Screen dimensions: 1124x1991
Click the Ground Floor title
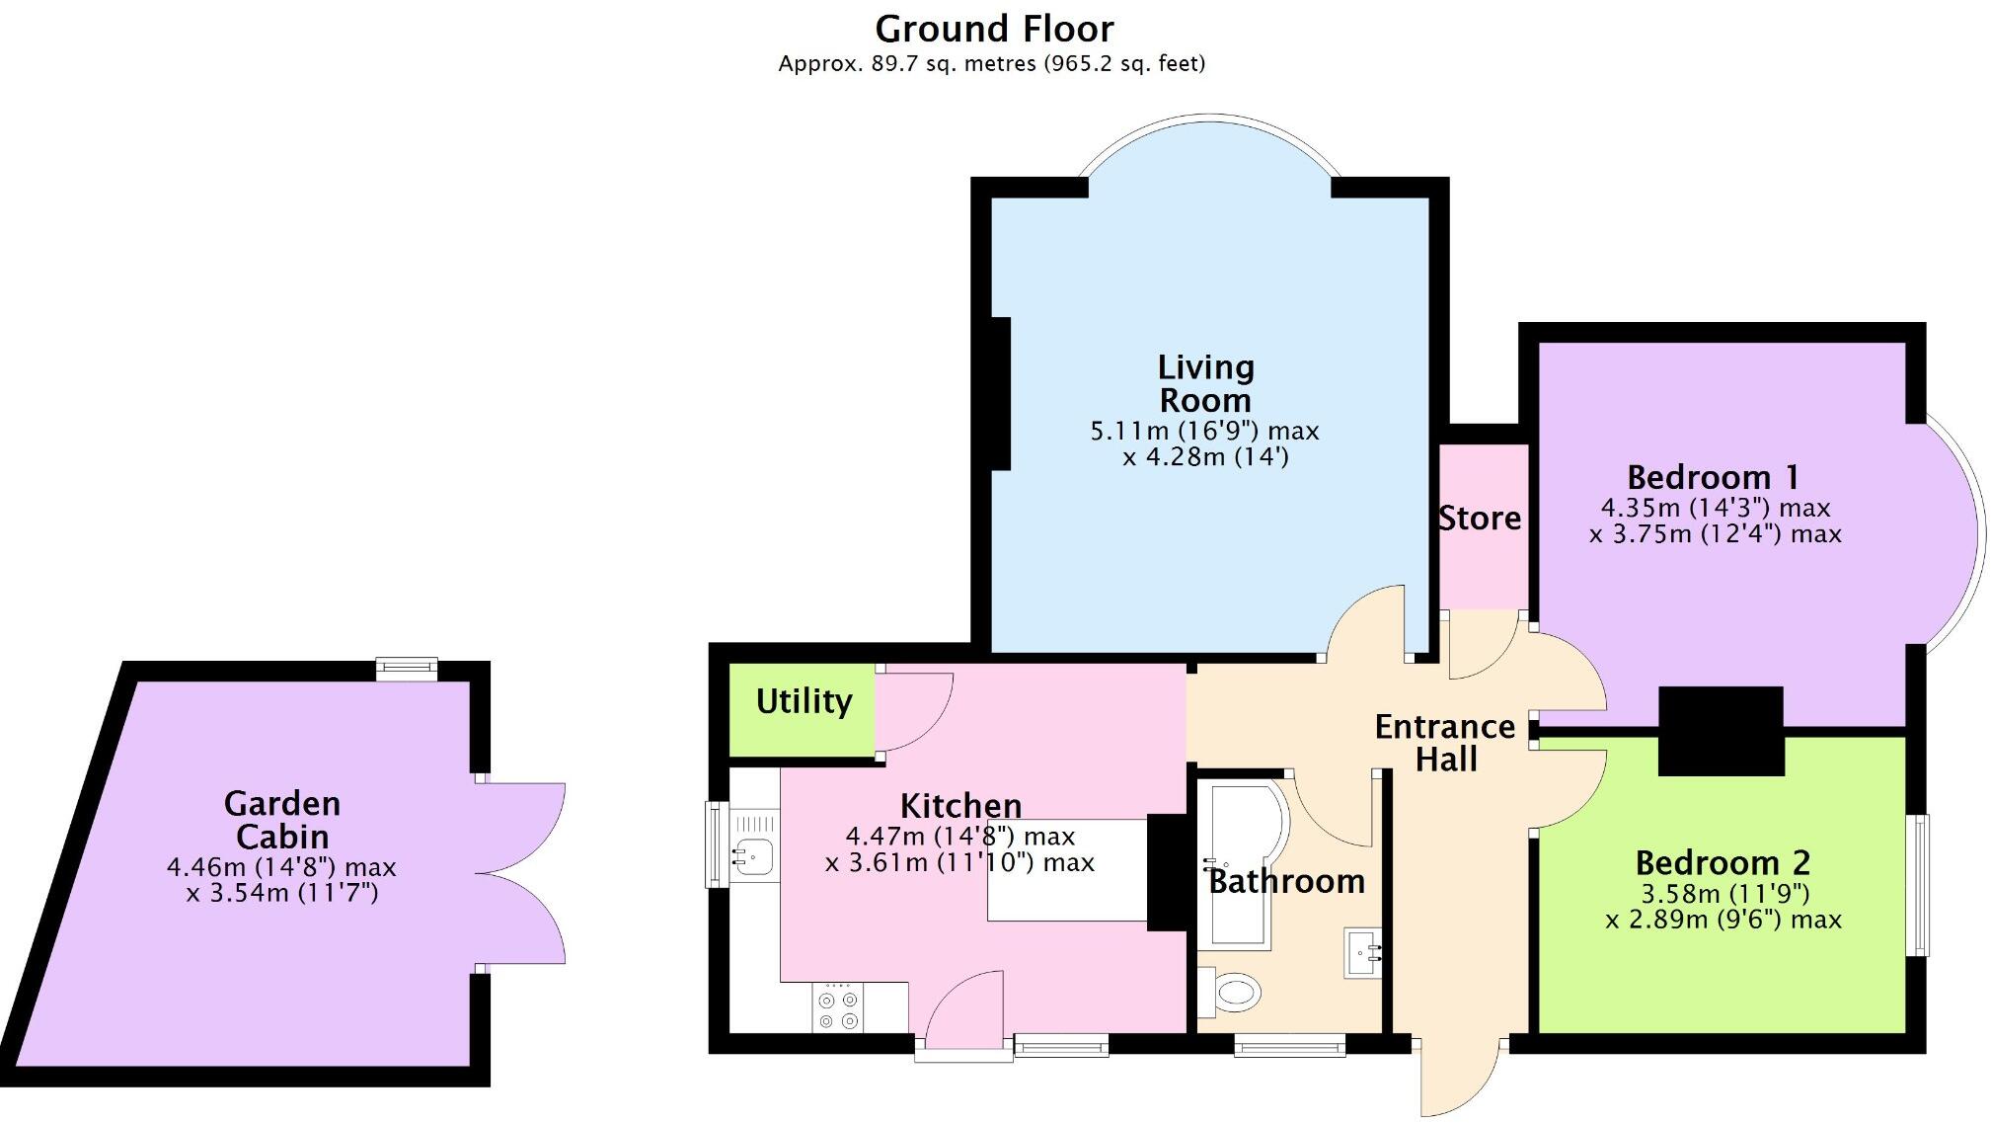pyautogui.click(x=994, y=30)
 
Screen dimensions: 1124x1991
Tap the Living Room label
pyautogui.click(x=1205, y=383)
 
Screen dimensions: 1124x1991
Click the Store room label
pyautogui.click(x=1479, y=518)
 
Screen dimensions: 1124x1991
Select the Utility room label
pyautogui.click(x=804, y=701)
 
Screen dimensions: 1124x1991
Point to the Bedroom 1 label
pyautogui.click(x=1713, y=478)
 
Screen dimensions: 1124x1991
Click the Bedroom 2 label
pyautogui.click(x=1723, y=863)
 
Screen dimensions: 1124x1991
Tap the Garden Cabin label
pyautogui.click(x=282, y=820)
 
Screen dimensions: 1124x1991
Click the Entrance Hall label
pyautogui.click(x=1445, y=743)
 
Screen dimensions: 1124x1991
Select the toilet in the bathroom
pyautogui.click(x=1234, y=992)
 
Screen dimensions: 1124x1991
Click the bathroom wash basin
pyautogui.click(x=1363, y=952)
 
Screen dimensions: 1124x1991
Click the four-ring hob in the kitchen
pyautogui.click(x=838, y=1009)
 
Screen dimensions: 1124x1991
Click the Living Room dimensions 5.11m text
pyautogui.click(x=1204, y=432)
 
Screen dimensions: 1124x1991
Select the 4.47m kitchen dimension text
pyautogui.click(x=959, y=837)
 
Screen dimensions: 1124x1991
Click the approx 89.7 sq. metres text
pyautogui.click(x=991, y=64)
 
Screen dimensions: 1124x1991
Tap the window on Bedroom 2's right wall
pyautogui.click(x=1917, y=885)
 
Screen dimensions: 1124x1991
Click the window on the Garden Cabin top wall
pyautogui.click(x=407, y=670)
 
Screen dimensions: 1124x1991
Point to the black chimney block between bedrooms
pyautogui.click(x=1721, y=731)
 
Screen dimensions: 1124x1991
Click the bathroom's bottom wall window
pyautogui.click(x=1289, y=1044)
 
